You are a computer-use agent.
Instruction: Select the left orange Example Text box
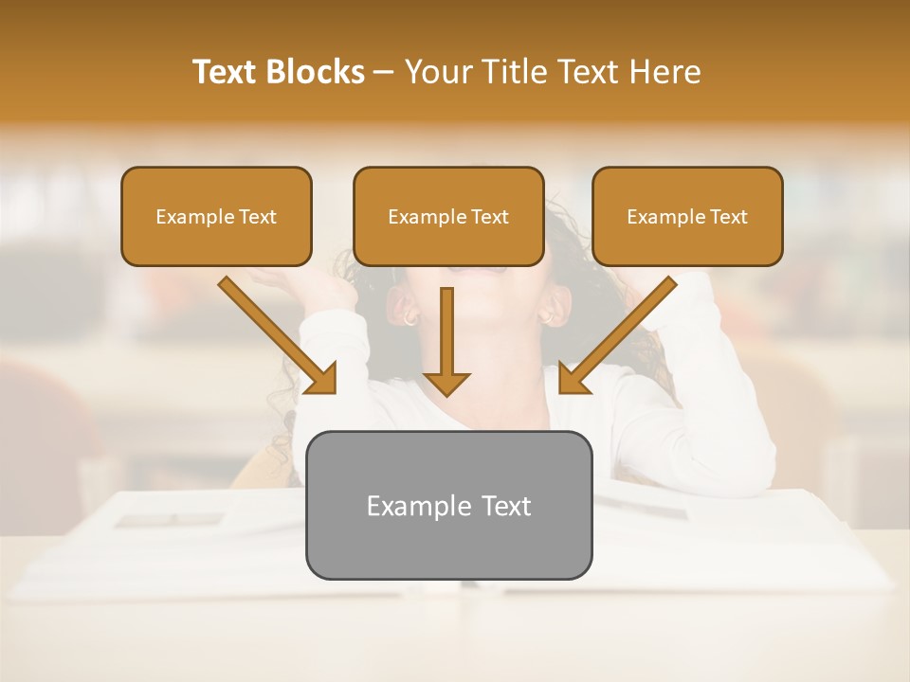tap(216, 216)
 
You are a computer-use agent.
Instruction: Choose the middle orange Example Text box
tap(448, 216)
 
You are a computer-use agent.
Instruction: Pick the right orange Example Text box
tap(687, 216)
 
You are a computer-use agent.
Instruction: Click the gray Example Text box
tap(448, 505)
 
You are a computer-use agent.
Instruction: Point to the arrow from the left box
tap(275, 333)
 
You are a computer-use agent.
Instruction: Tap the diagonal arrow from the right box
tap(619, 333)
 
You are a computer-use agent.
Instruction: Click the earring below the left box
tap(410, 318)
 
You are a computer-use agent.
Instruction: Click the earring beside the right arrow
tap(548, 317)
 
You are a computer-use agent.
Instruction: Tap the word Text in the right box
tap(728, 216)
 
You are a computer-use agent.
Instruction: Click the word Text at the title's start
tap(227, 72)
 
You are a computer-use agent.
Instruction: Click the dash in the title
tap(384, 72)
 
